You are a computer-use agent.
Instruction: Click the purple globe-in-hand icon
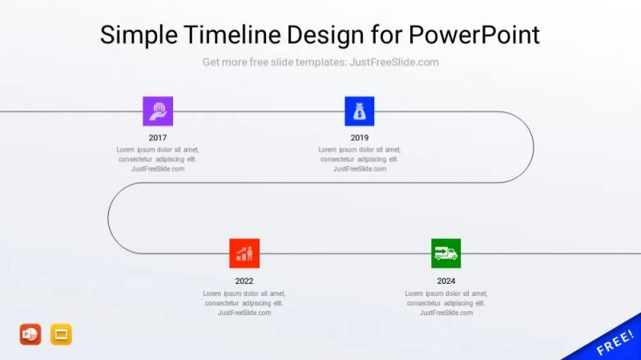coord(158,111)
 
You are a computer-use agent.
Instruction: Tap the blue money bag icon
coord(360,111)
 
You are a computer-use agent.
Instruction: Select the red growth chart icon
coord(244,253)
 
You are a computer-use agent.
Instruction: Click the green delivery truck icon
coord(446,253)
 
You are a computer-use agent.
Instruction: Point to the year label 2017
coord(158,138)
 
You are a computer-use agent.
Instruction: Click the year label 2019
coord(360,138)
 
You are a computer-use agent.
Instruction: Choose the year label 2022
coord(244,281)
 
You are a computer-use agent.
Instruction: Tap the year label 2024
coord(446,281)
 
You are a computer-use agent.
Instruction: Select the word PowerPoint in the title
coord(474,35)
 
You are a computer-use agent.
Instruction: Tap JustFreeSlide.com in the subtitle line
coord(394,63)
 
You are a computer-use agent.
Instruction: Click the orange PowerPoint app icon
coord(30,334)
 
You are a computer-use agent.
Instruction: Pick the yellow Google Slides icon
coord(62,334)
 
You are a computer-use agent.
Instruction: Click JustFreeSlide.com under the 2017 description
coord(158,169)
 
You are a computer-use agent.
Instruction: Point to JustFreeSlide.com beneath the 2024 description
coord(446,313)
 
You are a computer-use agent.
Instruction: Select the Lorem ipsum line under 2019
coord(360,149)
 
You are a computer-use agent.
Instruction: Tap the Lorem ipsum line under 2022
coord(244,293)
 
